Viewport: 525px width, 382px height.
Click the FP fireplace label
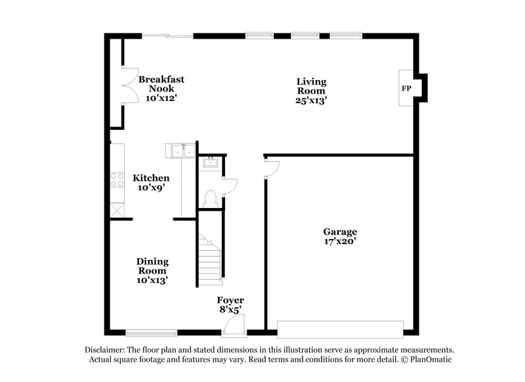[406, 88]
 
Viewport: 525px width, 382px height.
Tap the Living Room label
[311, 87]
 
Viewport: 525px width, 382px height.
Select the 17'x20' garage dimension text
[339, 241]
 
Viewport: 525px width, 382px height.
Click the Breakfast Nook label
[161, 84]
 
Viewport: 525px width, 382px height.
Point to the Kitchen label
[151, 178]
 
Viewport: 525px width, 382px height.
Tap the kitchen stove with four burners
[118, 180]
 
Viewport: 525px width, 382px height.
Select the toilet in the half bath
[211, 197]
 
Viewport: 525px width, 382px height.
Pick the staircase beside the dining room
[210, 259]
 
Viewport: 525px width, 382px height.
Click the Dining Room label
[152, 265]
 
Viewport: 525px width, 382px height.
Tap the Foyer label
[230, 301]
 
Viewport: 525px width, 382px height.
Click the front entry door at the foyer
[234, 324]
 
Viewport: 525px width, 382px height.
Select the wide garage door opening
[340, 328]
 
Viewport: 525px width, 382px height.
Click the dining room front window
[151, 332]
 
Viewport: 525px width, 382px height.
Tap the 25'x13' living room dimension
[311, 100]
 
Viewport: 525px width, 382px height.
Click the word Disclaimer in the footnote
[106, 350]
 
